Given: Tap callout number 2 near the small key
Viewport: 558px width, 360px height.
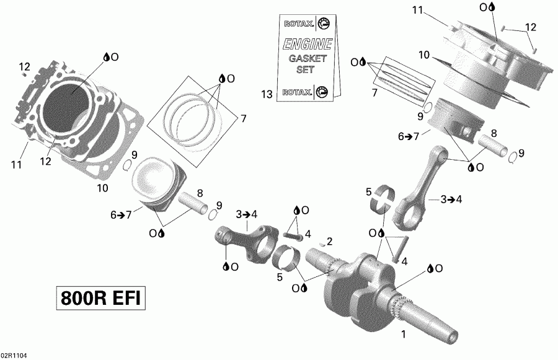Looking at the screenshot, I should click(x=330, y=240).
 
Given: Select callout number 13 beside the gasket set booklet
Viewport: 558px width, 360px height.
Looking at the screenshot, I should click(x=267, y=94).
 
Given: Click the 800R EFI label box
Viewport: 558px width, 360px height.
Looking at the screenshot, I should click(x=100, y=299).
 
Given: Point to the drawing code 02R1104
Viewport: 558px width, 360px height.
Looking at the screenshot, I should click(x=14, y=356).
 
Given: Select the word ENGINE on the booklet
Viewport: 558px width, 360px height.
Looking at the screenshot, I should click(x=308, y=45).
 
